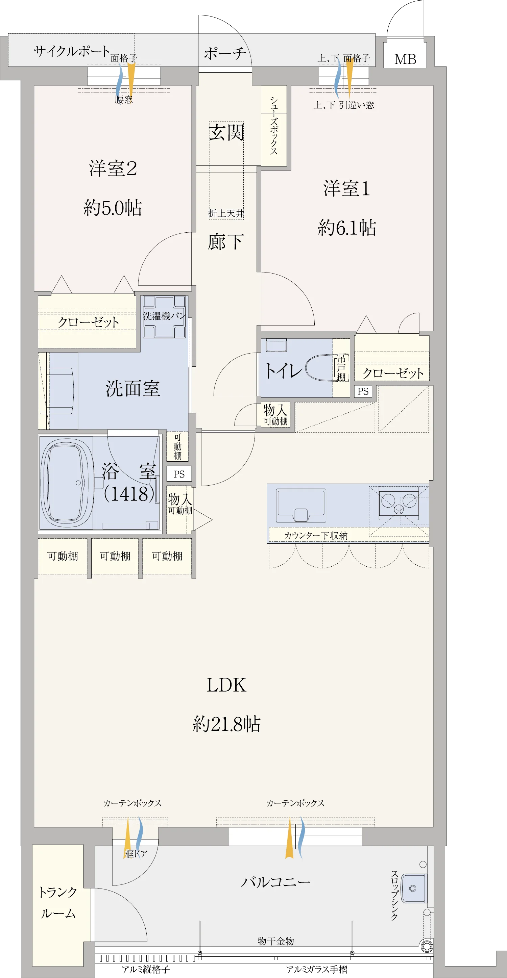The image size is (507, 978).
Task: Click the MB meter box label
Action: tap(405, 59)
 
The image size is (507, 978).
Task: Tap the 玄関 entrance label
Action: tap(226, 132)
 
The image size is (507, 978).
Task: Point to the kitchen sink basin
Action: tap(301, 505)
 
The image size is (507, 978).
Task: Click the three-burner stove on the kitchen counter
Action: tap(399, 503)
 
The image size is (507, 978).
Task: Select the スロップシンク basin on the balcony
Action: tap(414, 889)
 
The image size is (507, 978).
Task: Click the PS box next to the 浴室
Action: tap(179, 474)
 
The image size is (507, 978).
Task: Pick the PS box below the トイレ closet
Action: tap(363, 391)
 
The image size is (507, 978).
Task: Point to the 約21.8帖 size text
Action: tap(226, 724)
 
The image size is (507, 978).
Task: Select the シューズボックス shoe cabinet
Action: tap(274, 126)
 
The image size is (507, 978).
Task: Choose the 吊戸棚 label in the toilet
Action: tap(341, 368)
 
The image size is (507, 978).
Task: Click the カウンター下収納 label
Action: tap(316, 535)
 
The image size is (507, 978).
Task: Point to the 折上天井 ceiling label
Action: tap(226, 213)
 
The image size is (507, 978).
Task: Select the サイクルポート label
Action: tap(71, 51)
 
